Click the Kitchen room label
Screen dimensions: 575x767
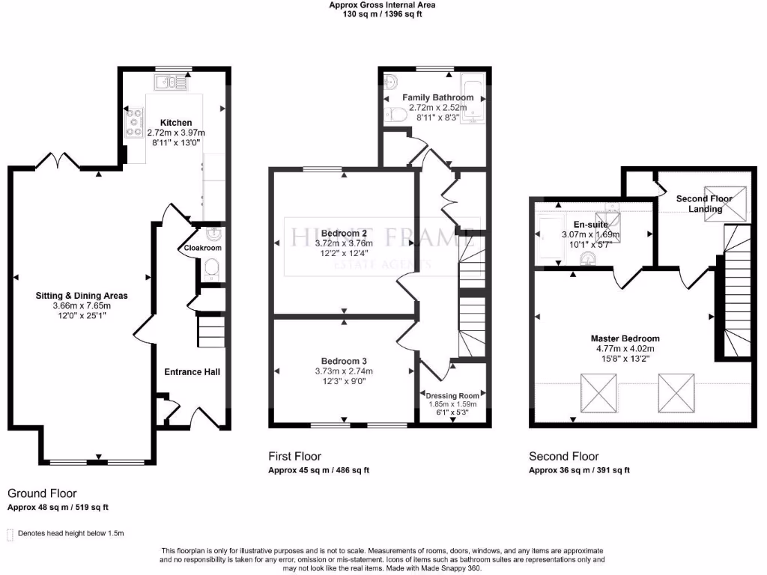(x=176, y=123)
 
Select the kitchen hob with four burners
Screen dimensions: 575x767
(x=136, y=122)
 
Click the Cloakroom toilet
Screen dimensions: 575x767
(x=211, y=268)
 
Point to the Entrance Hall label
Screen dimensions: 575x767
(x=192, y=372)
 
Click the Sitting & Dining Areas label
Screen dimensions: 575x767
(x=82, y=296)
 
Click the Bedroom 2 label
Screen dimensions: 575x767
(x=343, y=234)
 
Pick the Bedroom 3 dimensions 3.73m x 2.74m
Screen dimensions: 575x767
(x=344, y=371)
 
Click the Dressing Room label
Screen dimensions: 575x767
(x=452, y=395)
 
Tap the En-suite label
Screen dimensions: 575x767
(x=591, y=224)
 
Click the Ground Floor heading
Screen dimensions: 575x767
(x=42, y=493)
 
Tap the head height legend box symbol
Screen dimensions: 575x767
(x=10, y=534)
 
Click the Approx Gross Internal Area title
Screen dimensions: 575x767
(x=382, y=4)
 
